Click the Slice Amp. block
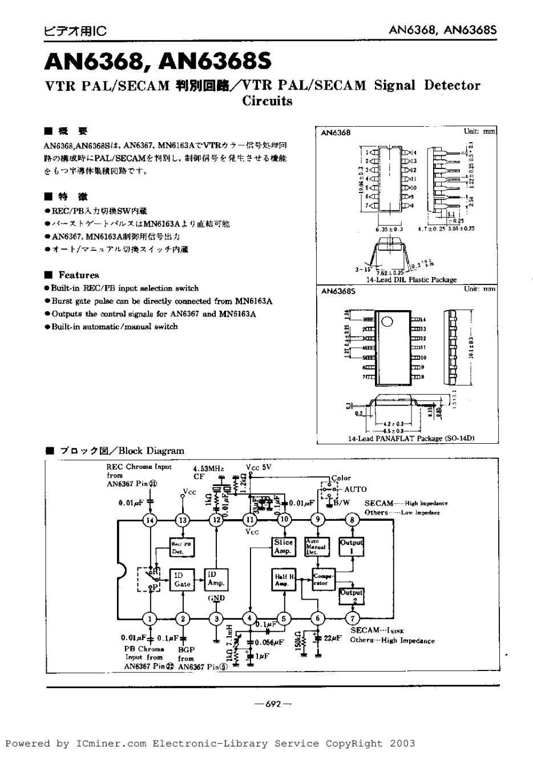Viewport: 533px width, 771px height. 283,547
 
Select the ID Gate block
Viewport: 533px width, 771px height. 183,580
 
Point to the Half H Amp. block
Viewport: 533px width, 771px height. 283,580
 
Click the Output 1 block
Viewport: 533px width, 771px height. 351,547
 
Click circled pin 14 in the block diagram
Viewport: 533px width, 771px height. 150,520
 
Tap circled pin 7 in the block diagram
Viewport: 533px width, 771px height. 353,618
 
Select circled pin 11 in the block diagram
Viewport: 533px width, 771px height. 250,520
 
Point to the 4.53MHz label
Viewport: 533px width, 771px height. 208,468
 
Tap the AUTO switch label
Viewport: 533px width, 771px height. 355,489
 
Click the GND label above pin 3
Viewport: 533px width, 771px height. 216,598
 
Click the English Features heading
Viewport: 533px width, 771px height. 79,275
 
